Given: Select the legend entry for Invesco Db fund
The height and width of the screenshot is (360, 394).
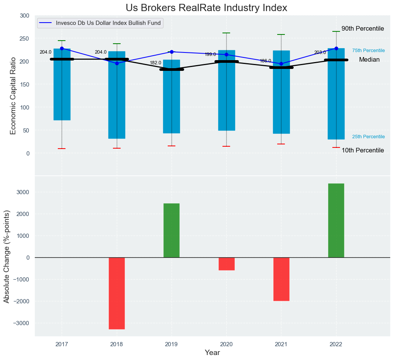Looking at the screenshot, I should click(109, 23).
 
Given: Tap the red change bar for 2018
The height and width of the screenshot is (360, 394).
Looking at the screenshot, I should click(117, 293).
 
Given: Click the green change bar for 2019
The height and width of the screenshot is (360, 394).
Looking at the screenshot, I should click(172, 230).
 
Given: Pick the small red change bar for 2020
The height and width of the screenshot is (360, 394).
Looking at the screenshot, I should click(226, 264).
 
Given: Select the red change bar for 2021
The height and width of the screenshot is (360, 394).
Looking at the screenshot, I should click(281, 279).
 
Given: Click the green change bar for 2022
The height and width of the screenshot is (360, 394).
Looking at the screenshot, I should click(336, 220).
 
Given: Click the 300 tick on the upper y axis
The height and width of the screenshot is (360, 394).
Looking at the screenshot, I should click(25, 16).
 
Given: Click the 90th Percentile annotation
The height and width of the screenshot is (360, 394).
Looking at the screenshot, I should click(363, 29).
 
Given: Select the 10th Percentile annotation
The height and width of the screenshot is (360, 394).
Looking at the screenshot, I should click(363, 151).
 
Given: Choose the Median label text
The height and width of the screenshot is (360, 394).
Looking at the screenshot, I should click(369, 60).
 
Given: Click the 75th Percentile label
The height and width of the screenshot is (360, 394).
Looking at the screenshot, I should click(368, 51).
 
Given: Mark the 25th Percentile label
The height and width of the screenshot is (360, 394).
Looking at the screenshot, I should click(368, 137).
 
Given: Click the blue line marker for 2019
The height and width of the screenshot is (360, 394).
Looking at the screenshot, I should click(172, 52).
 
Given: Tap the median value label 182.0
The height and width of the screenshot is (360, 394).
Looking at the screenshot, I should click(155, 63).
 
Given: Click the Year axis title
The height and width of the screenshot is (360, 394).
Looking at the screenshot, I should click(212, 353).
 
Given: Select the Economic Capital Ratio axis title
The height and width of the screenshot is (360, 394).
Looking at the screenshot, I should click(13, 96).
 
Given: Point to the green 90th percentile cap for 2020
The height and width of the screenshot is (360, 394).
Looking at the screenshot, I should click(226, 33).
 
